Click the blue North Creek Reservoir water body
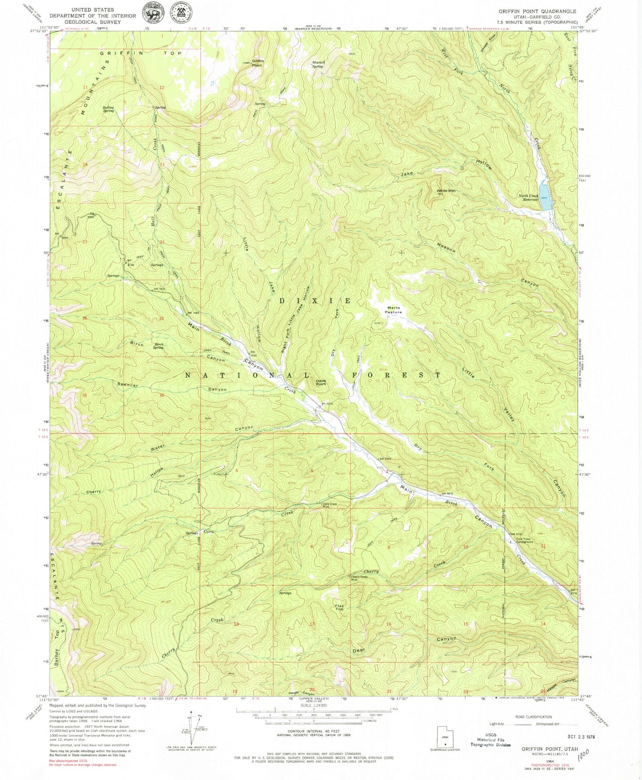pos(545,196)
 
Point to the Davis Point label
pos(321,382)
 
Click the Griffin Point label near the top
pos(258,63)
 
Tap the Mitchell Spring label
pos(318,64)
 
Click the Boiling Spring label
pos(108,109)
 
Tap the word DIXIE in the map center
pos(315,301)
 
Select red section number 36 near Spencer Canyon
pos(162,395)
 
